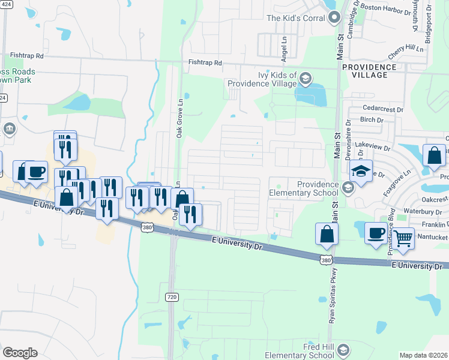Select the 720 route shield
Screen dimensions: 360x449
[x=172, y=296]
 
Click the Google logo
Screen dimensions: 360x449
[x=20, y=353]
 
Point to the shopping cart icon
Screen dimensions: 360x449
[x=403, y=238]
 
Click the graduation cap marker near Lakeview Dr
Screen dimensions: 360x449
[x=361, y=172]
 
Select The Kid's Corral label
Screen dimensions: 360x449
[x=296, y=18]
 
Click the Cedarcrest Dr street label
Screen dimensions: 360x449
[x=382, y=110]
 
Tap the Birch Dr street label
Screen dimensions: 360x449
[x=372, y=120]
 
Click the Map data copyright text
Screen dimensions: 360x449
[x=423, y=355]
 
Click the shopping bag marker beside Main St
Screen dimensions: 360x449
[x=326, y=235]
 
